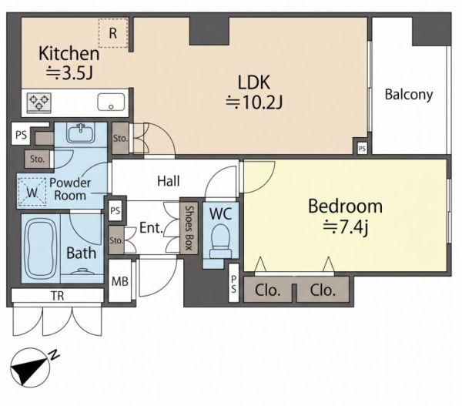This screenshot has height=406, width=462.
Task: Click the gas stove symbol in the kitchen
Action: (x=39, y=102)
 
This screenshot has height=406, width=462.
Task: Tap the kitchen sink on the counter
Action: (x=111, y=102)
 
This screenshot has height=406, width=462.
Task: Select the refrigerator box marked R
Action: (x=113, y=33)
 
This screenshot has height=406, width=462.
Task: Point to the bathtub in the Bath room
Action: (x=40, y=249)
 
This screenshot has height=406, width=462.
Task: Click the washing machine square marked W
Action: (x=32, y=192)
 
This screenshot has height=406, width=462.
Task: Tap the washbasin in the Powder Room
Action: (x=80, y=133)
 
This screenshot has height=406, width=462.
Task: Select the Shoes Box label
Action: (x=189, y=228)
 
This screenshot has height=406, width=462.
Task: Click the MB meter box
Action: (x=119, y=280)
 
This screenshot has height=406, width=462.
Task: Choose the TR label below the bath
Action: (x=58, y=296)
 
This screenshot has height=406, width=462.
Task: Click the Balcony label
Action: (x=409, y=95)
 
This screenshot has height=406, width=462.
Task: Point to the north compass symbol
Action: (x=30, y=367)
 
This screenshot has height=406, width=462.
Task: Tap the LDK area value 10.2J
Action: (x=254, y=102)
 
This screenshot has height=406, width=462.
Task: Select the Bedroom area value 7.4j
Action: (x=346, y=227)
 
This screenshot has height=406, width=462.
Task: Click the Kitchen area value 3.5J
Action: (x=69, y=73)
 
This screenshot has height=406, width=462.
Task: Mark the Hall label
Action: (x=168, y=181)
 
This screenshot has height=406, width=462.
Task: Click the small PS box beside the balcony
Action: (x=362, y=149)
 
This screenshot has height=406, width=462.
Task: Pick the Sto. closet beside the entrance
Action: (x=116, y=240)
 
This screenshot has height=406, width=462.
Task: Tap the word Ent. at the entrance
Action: (x=151, y=227)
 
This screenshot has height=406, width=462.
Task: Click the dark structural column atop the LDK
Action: (x=209, y=31)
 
